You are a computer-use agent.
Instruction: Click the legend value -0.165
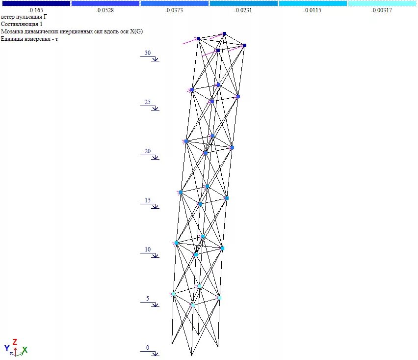tap(36, 10)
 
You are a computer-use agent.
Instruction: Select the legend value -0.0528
tap(105, 10)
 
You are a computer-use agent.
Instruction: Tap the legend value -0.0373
tap(174, 10)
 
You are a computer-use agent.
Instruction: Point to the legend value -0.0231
tap(243, 10)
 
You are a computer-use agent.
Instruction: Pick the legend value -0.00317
tap(381, 10)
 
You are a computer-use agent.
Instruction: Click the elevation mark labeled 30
tap(148, 53)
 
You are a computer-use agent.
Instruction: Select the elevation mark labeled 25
tap(148, 102)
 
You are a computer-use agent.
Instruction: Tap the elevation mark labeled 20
tap(148, 151)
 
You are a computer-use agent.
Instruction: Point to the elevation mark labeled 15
tap(148, 200)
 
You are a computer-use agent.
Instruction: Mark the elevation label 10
tap(148, 249)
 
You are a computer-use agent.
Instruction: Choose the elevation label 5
tap(148, 299)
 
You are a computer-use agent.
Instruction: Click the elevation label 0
tap(148, 348)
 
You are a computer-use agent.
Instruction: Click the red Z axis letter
tap(15, 341)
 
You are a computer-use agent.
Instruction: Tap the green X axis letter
tap(25, 349)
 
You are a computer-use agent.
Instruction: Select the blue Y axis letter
tap(7, 348)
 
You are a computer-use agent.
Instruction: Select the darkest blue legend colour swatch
tap(36, 3)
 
